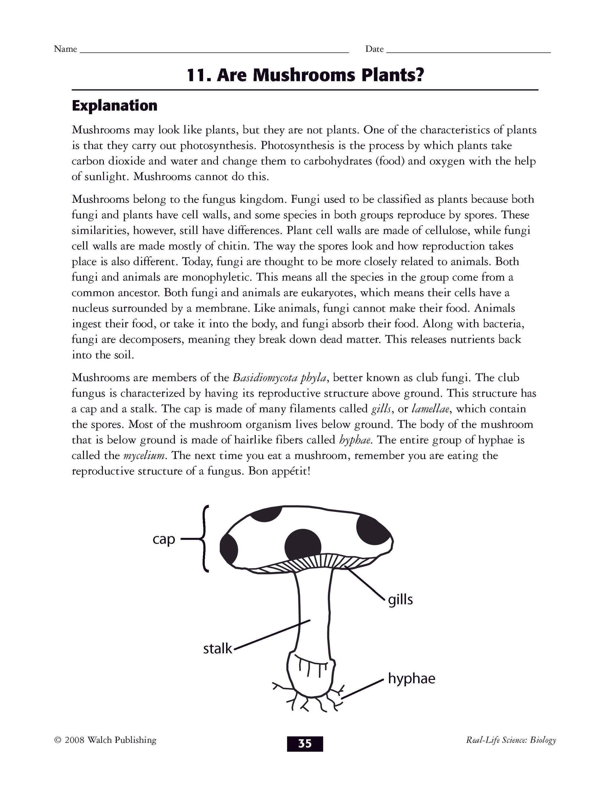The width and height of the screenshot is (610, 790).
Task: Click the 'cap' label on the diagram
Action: [x=164, y=539]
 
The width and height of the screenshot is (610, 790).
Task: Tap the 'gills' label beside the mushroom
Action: [x=400, y=600]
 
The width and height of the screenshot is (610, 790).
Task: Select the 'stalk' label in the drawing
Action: [x=217, y=649]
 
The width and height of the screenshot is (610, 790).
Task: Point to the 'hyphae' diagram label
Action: [x=411, y=679]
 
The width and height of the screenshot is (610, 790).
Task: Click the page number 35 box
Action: [x=305, y=744]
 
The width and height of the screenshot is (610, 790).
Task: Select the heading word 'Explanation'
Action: [x=114, y=106]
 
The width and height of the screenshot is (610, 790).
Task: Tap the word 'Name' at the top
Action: [x=66, y=49]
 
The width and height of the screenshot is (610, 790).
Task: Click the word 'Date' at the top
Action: [x=374, y=49]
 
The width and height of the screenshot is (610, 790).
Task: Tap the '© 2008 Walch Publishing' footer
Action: [x=105, y=740]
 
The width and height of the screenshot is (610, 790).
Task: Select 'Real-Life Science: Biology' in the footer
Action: [x=511, y=740]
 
